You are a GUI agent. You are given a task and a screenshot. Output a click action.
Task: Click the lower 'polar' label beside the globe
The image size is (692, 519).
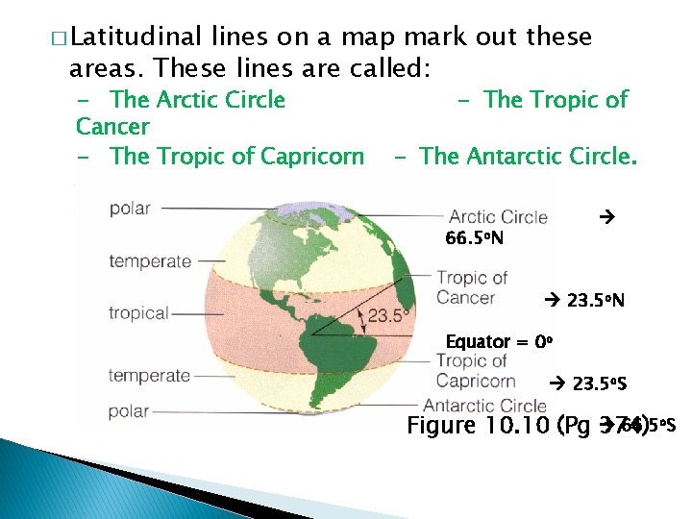click(x=129, y=411)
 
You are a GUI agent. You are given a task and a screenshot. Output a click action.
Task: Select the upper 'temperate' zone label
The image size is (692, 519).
click(x=150, y=260)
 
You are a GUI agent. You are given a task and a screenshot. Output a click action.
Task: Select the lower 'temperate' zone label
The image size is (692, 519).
click(x=149, y=376)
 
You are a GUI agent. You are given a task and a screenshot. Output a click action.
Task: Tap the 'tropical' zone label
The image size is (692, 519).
click(x=138, y=313)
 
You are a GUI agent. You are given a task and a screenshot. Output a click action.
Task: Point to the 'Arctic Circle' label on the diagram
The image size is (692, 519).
click(x=498, y=217)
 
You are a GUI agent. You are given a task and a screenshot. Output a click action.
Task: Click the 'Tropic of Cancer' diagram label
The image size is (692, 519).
click(x=471, y=287)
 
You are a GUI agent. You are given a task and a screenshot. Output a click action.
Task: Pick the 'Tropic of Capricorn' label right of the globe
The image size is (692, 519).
click(x=471, y=370)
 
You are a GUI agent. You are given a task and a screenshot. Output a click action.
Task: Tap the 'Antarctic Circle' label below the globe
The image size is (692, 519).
click(x=484, y=406)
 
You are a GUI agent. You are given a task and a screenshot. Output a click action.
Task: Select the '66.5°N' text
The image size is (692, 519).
click(x=475, y=237)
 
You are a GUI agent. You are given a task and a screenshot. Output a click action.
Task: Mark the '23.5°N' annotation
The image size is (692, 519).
click(x=596, y=301)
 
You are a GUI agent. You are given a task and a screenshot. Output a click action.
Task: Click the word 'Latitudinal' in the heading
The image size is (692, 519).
click(x=136, y=38)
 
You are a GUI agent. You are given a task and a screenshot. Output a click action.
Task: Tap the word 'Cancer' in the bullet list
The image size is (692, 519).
click(x=112, y=127)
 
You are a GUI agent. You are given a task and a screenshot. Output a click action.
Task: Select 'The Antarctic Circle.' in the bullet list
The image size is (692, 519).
click(x=528, y=156)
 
